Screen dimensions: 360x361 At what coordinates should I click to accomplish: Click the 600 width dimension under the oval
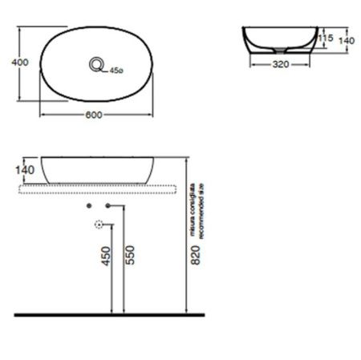[94, 115]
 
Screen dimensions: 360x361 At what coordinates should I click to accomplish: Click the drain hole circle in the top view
[99, 64]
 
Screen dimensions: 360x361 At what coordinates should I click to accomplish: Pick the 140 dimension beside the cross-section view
[347, 39]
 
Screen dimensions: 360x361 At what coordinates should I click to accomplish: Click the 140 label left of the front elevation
[23, 170]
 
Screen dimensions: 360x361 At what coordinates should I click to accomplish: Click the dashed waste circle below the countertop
[99, 225]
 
